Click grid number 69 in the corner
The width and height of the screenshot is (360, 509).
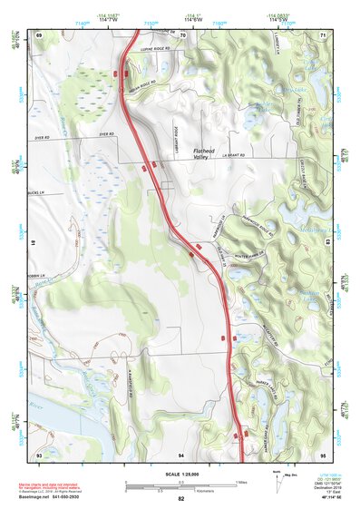pyautogui.click(x=39, y=34)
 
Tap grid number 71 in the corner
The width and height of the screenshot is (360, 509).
pyautogui.click(x=322, y=34)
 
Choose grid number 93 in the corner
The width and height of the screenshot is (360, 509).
pyautogui.click(x=39, y=453)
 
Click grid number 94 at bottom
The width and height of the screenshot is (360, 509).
pyautogui.click(x=181, y=453)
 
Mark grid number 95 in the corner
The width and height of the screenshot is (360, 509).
pyautogui.click(x=322, y=453)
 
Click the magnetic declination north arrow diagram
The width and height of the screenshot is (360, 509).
pyautogui.click(x=276, y=481)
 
